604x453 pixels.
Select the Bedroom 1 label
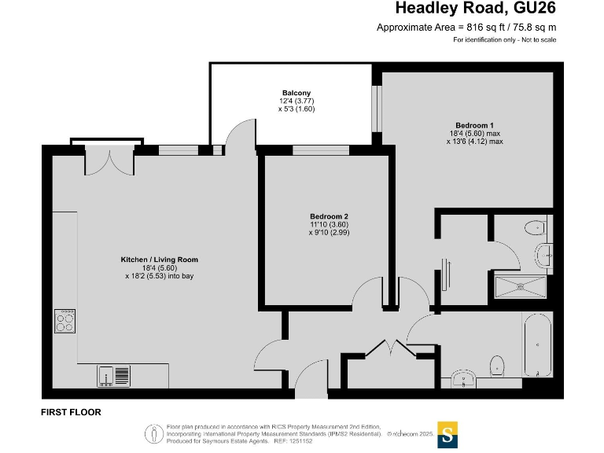tap(474, 125)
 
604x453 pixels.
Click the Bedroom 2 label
tap(329, 216)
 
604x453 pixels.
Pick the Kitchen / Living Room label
tap(159, 260)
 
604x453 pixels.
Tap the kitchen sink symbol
tap(115, 376)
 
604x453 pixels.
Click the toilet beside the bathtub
tap(497, 366)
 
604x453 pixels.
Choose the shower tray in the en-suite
tap(519, 287)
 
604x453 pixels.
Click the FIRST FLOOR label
tap(71, 412)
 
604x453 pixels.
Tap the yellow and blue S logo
tap(447, 433)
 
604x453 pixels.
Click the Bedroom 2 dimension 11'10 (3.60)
tap(329, 225)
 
